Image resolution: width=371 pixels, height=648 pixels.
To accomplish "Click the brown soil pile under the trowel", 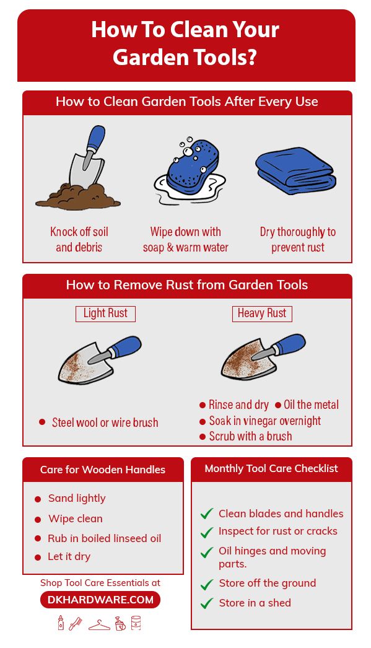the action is pos(78,196).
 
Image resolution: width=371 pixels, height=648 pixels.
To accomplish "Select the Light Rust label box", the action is pos(105,313).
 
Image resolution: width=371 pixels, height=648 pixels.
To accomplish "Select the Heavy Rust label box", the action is pos(262,313).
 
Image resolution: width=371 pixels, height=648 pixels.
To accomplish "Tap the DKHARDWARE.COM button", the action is pos(100,600).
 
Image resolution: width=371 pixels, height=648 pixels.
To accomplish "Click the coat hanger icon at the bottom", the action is pos(99,624).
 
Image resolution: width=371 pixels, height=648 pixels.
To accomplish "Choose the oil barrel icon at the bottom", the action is pos(136,623).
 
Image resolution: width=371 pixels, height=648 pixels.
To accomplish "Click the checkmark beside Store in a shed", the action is pos(207,603).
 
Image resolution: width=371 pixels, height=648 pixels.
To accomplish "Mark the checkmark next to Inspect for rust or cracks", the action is pos(207,532).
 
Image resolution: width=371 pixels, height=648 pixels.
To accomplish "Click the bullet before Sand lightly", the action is pos(38,499).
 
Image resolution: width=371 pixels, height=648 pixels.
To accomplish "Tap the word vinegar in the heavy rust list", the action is pos(261,421).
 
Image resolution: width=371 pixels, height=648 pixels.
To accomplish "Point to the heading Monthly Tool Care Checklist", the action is pos(271,468).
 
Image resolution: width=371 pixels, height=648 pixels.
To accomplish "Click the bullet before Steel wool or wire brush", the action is pos(41,422).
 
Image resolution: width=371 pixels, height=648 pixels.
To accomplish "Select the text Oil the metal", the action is pos(311,405).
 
